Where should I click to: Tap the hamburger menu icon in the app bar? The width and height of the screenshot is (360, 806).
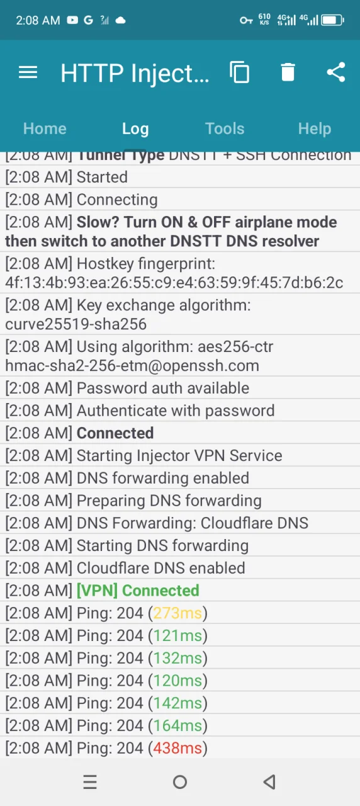pyautogui.click(x=28, y=72)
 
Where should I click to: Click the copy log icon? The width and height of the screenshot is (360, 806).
pyautogui.click(x=239, y=72)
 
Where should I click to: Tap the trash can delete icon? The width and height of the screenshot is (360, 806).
pyautogui.click(x=288, y=72)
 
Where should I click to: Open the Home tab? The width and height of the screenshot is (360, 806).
pyautogui.click(x=45, y=128)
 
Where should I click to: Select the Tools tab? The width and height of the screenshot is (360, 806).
pyautogui.click(x=225, y=128)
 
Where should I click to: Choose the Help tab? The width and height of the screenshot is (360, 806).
pyautogui.click(x=315, y=129)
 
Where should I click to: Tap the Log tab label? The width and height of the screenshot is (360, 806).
pyautogui.click(x=135, y=129)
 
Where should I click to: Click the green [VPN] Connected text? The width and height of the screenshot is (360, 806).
pyautogui.click(x=138, y=591)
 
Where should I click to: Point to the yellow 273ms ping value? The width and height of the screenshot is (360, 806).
pyautogui.click(x=177, y=613)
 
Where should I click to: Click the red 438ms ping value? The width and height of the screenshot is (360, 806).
pyautogui.click(x=177, y=748)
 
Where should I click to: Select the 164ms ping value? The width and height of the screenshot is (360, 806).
pyautogui.click(x=177, y=725)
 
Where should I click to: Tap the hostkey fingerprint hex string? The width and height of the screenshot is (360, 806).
pyautogui.click(x=174, y=283)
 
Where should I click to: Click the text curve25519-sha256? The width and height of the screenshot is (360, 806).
pyautogui.click(x=76, y=324)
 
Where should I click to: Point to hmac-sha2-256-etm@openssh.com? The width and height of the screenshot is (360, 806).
pyautogui.click(x=132, y=366)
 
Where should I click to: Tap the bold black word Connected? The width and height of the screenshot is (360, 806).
pyautogui.click(x=115, y=433)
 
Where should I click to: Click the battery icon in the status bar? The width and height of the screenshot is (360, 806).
pyautogui.click(x=333, y=20)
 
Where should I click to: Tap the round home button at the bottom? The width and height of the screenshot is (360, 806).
pyautogui.click(x=180, y=782)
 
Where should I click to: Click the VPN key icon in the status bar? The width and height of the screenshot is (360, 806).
pyautogui.click(x=246, y=21)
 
